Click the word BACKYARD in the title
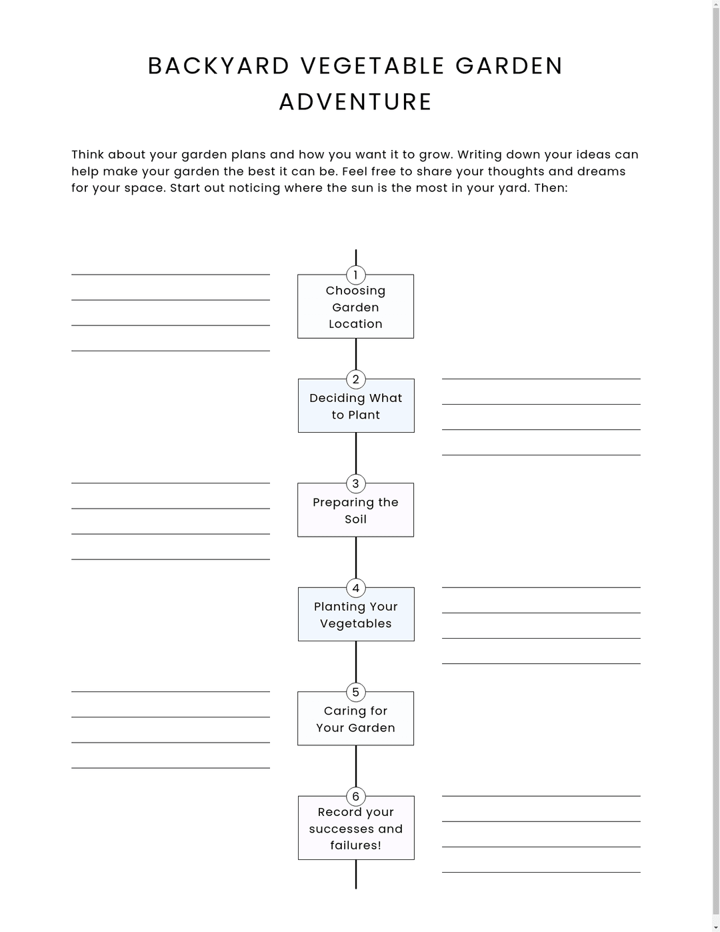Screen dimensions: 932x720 click(219, 66)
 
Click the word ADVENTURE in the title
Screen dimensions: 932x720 click(355, 102)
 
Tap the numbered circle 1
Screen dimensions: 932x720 click(355, 275)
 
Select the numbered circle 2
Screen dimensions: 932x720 click(355, 379)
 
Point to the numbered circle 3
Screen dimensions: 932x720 click(355, 483)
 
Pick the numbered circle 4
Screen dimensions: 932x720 click(355, 588)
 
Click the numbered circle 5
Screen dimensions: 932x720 click(355, 692)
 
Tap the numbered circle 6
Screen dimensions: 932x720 click(355, 797)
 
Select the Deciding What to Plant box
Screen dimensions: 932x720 click(355, 407)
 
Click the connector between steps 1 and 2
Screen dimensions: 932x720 click(355, 354)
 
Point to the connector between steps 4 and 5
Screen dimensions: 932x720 click(355, 661)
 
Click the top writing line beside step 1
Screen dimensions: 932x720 click(171, 274)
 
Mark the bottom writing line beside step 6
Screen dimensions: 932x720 click(541, 872)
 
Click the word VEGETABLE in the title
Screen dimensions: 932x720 click(373, 66)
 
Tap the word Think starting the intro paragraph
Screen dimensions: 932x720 click(87, 155)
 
